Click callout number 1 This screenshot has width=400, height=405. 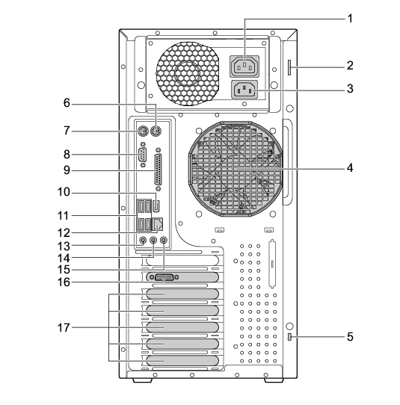(350, 19)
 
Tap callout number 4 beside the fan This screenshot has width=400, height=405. (350, 168)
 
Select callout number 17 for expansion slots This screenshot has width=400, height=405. (64, 328)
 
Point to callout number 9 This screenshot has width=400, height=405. (67, 170)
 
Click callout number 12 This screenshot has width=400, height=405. (64, 233)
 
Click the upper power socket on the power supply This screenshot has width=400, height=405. (244, 66)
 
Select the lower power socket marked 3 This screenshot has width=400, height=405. (244, 90)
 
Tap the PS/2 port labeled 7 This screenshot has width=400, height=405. (142, 132)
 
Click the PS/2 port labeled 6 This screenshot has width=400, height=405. (156, 132)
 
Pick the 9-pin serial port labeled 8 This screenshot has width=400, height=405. (142, 155)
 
